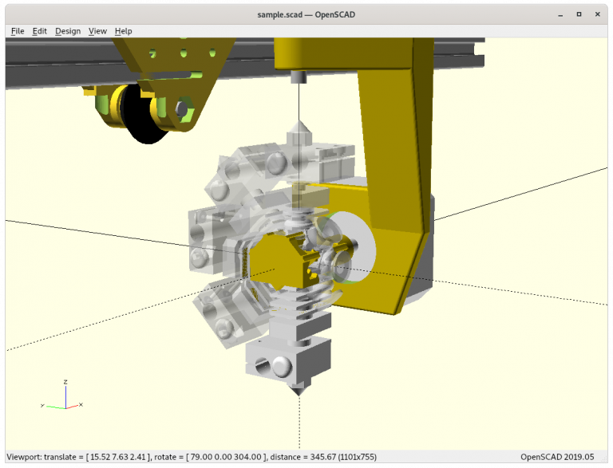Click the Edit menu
[39, 31]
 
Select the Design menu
[68, 31]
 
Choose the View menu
[97, 31]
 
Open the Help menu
[123, 31]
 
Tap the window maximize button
[579, 14]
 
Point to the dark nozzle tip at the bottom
[299, 390]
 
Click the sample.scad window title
[306, 14]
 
